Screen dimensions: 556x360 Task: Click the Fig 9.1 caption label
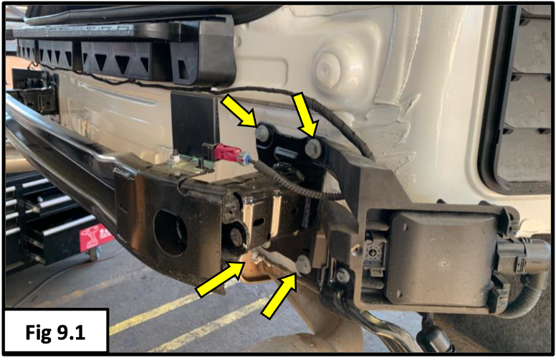pos(55,333)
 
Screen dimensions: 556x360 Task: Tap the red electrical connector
pos(227,152)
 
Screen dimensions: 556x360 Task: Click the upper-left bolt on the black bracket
pos(262,133)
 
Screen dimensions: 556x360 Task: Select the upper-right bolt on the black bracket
pos(313,148)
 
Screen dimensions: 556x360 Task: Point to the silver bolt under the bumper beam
pos(303,264)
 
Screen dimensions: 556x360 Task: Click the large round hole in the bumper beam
pos(171,232)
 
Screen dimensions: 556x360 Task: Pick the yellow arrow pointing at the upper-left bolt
pos(239,110)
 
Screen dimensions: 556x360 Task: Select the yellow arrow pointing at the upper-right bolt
pos(305,115)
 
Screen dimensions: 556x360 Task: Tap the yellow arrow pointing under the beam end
pos(221,279)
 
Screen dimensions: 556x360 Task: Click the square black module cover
pos(444,260)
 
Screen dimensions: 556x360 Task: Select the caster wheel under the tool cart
pos(94,253)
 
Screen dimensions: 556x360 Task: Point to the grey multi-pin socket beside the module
pos(375,251)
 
